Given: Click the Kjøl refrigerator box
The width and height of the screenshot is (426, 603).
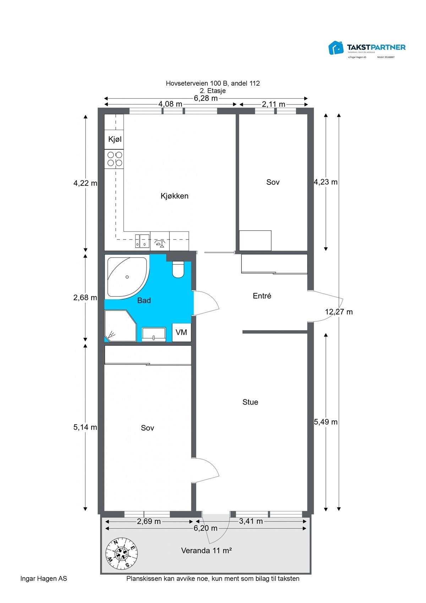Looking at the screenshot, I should click(114, 139).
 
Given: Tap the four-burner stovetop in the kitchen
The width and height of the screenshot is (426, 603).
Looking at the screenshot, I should click(114, 159).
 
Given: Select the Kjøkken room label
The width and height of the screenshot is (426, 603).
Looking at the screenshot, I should click(174, 196).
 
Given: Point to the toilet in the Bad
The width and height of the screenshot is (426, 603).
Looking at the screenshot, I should click(178, 270).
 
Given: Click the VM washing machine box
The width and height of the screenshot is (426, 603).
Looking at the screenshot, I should click(181, 333).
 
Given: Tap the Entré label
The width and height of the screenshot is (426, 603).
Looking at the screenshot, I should click(262, 296).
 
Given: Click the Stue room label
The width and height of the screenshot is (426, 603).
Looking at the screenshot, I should click(250, 402).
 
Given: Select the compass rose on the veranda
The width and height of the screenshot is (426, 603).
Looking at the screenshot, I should click(122, 553).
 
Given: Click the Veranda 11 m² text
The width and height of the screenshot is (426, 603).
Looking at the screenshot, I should click(206, 550).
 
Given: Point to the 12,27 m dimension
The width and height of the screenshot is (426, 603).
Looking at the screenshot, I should click(339, 312).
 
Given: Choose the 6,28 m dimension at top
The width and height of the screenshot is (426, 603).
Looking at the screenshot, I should click(206, 98).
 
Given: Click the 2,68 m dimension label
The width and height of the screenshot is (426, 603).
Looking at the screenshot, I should click(85, 297).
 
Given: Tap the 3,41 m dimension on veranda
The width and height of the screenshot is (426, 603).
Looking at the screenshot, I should click(251, 521).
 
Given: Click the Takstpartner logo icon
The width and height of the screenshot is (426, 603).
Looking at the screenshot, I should click(336, 48).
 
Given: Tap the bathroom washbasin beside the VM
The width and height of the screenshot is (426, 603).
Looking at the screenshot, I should click(154, 334).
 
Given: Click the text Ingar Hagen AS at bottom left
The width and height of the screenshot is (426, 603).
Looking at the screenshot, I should click(44, 578).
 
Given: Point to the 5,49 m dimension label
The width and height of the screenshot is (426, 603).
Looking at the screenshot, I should click(326, 422).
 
